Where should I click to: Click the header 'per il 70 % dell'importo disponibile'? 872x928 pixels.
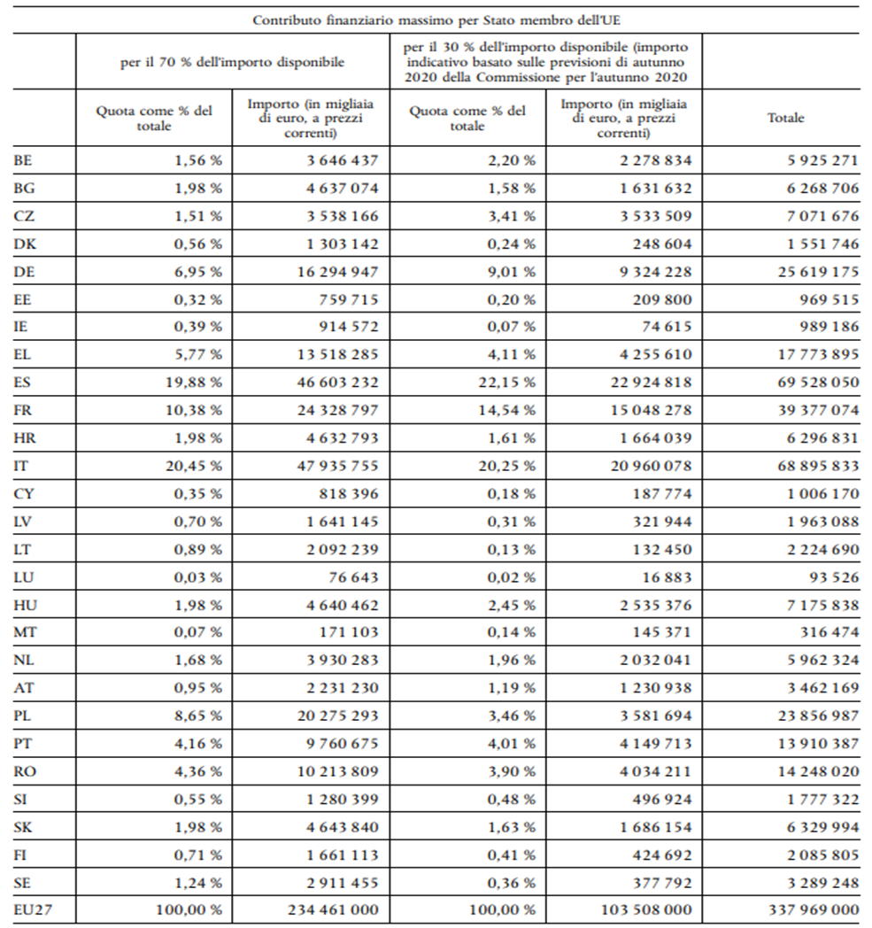(232, 62)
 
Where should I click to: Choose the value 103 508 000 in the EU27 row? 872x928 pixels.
(646, 909)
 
